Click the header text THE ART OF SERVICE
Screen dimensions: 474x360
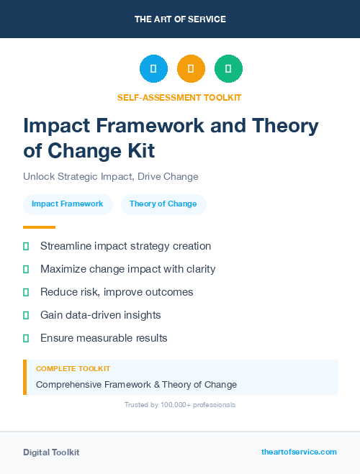(180, 19)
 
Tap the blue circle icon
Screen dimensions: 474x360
(153, 68)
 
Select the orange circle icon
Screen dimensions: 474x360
(191, 68)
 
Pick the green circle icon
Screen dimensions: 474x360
(228, 68)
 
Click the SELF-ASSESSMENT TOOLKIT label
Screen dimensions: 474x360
(179, 97)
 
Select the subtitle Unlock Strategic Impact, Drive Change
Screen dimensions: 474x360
(110, 176)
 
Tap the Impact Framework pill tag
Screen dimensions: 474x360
(68, 204)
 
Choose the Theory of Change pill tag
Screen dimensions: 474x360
(163, 204)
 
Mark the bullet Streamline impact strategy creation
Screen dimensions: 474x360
(125, 246)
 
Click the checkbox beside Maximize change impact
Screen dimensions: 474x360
(26, 269)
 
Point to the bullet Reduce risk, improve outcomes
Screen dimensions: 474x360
(117, 292)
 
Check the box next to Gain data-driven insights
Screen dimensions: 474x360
(26, 315)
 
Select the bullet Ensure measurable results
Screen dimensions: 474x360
(104, 338)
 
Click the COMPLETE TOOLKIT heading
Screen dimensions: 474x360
(73, 368)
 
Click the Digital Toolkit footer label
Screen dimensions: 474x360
(51, 452)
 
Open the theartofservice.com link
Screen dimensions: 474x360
(299, 452)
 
